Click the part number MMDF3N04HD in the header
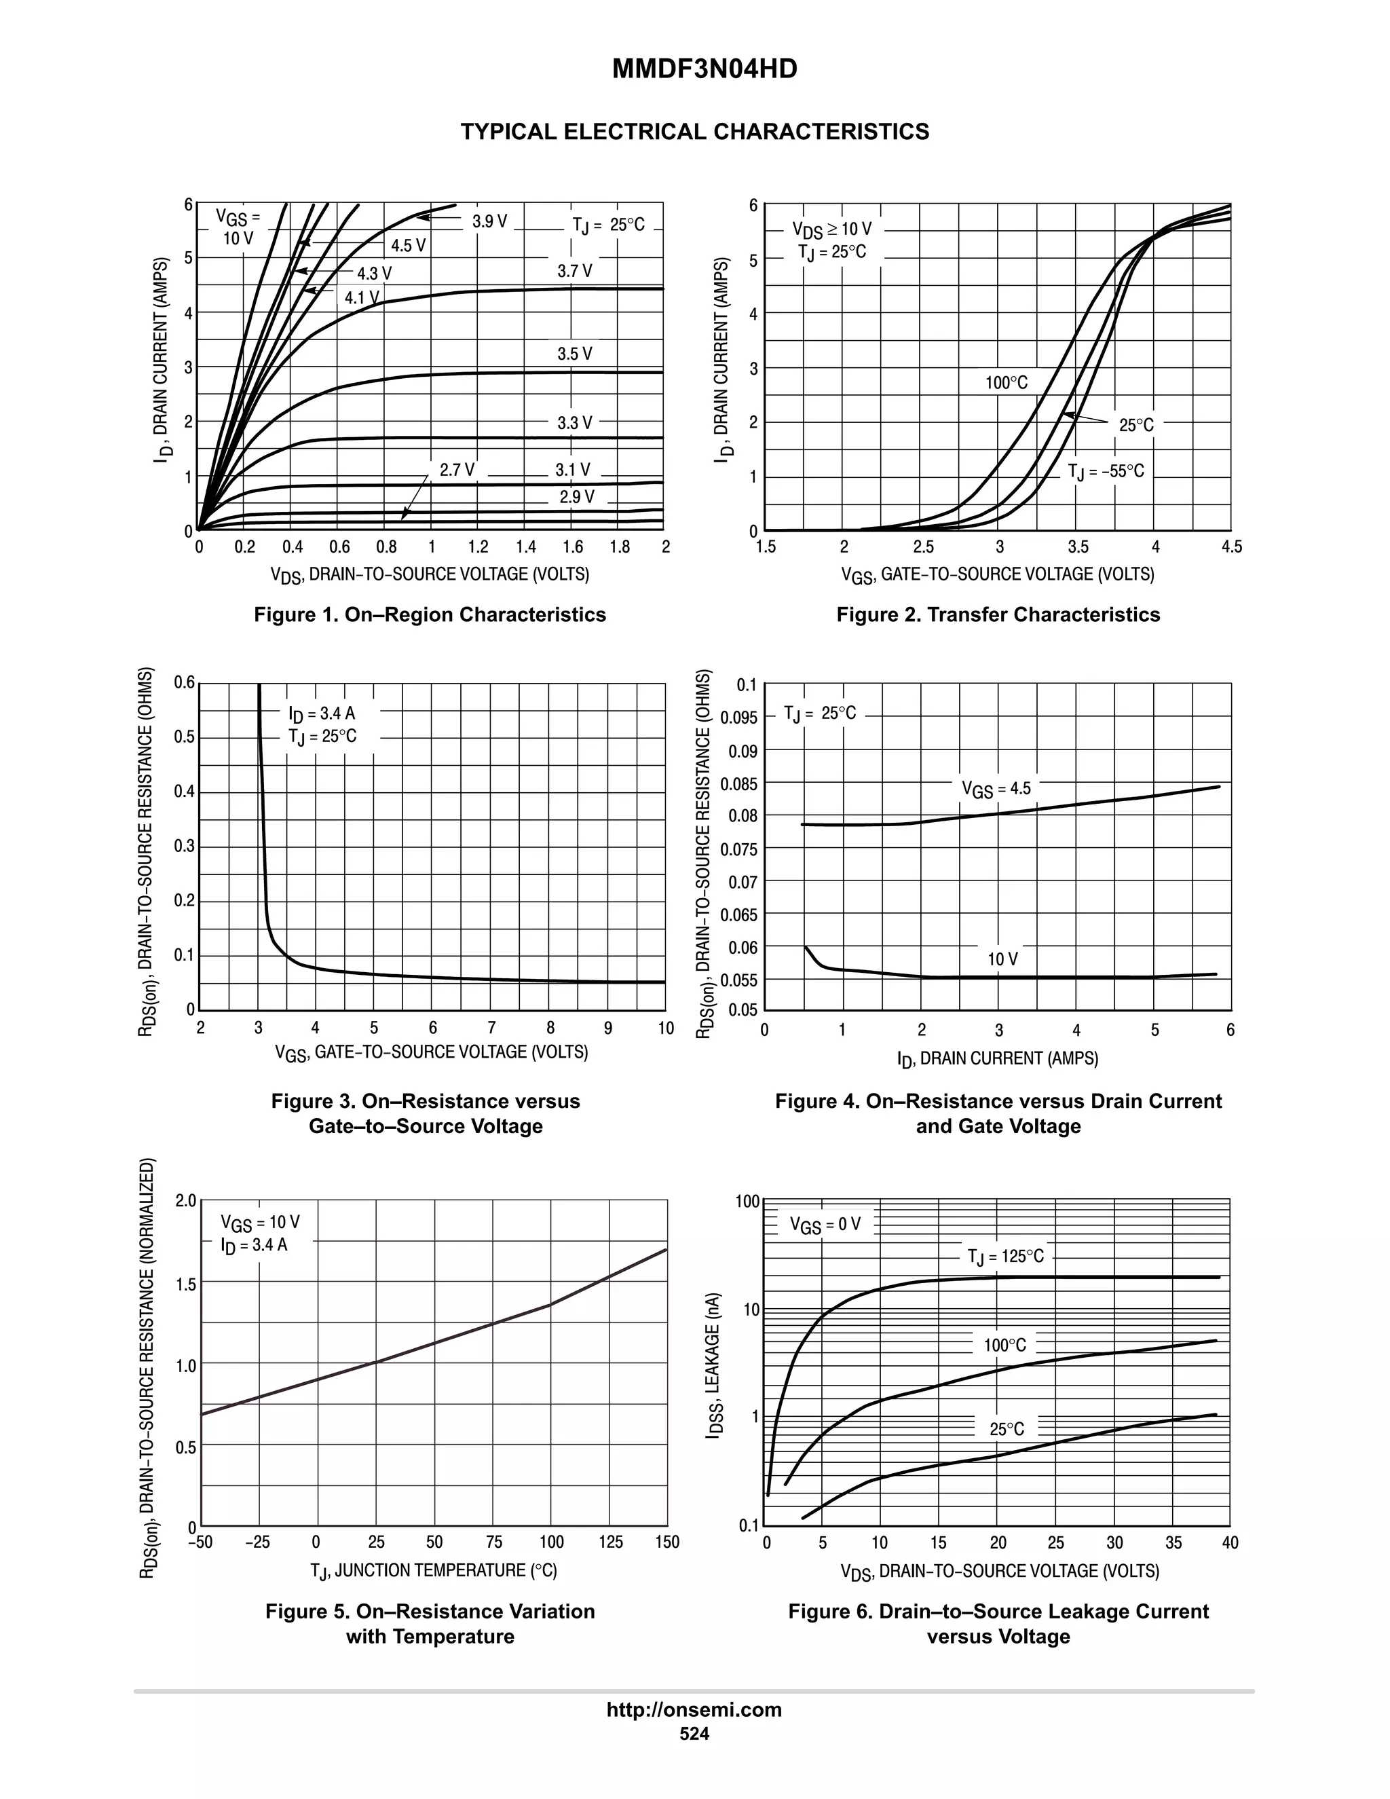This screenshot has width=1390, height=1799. (704, 70)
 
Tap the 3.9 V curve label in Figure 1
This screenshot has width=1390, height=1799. (489, 221)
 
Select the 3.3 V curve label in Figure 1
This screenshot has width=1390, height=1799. (574, 422)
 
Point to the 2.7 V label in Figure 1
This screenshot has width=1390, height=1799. (456, 470)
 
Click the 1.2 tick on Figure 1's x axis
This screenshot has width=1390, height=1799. (478, 547)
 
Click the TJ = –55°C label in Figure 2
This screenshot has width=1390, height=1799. (1105, 471)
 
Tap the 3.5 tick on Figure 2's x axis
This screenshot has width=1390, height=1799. (1077, 547)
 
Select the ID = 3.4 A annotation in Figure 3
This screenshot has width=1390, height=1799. (321, 713)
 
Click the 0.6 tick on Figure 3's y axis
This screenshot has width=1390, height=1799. (185, 682)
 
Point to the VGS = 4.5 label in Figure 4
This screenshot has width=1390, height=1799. (996, 789)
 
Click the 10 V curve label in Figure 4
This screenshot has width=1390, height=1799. (1002, 959)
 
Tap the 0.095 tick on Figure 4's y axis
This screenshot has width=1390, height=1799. (738, 718)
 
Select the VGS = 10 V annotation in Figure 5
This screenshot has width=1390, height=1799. (259, 1223)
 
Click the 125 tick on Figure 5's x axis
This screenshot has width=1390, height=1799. (610, 1542)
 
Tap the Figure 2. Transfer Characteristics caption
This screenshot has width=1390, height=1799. (997, 614)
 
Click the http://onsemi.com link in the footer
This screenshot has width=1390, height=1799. (694, 1709)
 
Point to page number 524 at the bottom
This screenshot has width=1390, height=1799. (694, 1734)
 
